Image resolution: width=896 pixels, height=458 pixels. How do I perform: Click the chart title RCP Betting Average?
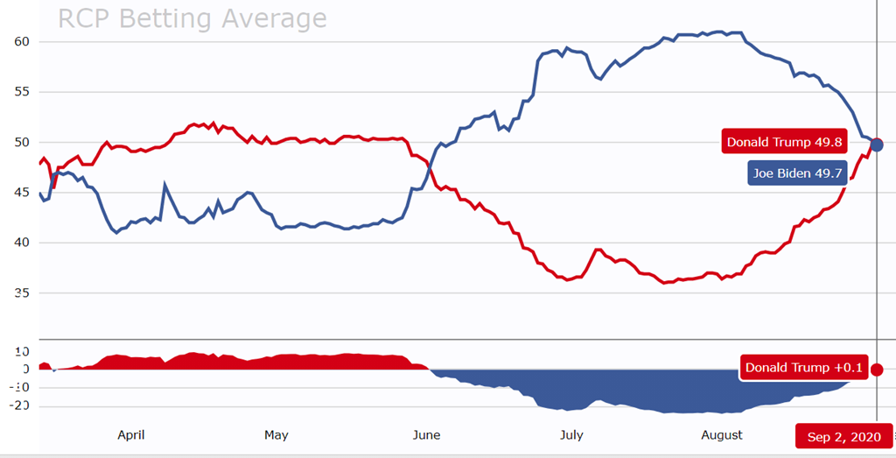192,18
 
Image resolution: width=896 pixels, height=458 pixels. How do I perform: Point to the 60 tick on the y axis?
23,41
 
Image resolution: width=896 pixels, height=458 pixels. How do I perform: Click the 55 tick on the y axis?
23,91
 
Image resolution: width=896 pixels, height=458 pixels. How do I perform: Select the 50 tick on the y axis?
23,142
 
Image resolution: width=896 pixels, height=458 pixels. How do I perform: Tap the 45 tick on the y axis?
23,192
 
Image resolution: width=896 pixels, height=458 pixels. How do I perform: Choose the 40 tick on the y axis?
23,243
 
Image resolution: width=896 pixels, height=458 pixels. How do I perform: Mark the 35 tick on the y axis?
23,292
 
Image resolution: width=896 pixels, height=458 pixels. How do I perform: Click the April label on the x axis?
131,434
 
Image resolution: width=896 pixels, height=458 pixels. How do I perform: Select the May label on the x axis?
276,434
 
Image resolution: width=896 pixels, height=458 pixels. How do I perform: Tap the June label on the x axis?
426,434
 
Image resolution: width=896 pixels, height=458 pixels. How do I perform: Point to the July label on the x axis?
571,434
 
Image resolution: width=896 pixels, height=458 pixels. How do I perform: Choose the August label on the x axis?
722,434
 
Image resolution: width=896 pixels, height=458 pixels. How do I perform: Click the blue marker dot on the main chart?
877,144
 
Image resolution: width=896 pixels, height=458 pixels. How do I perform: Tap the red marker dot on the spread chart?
877,370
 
